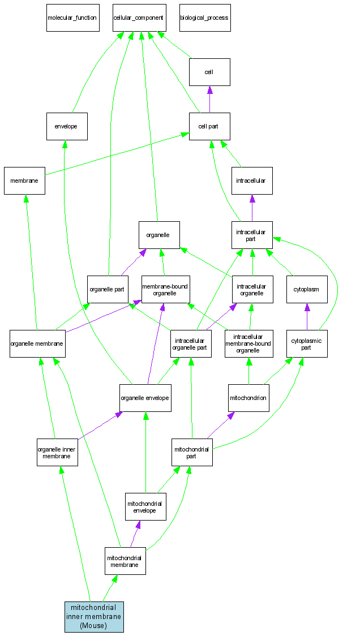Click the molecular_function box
tap(72, 18)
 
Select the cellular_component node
tap(139, 18)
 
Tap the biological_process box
tap(204, 18)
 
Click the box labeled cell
tap(209, 72)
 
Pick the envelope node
tap(67, 126)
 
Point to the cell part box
tap(209, 126)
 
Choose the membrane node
tap(24, 181)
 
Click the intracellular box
tap(252, 181)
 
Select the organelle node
tap(159, 235)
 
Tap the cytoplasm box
tap(306, 289)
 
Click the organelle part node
tap(108, 289)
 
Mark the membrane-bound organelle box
tap(165, 289)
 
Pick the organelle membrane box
tap(37, 343)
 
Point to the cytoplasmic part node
tap(307, 343)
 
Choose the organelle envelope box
tap(145, 398)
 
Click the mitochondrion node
tap(248, 398)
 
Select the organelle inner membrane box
tap(57, 452)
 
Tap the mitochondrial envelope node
tap(145, 506)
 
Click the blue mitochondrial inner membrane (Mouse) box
tap(94, 617)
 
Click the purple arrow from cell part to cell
tap(209, 100)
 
